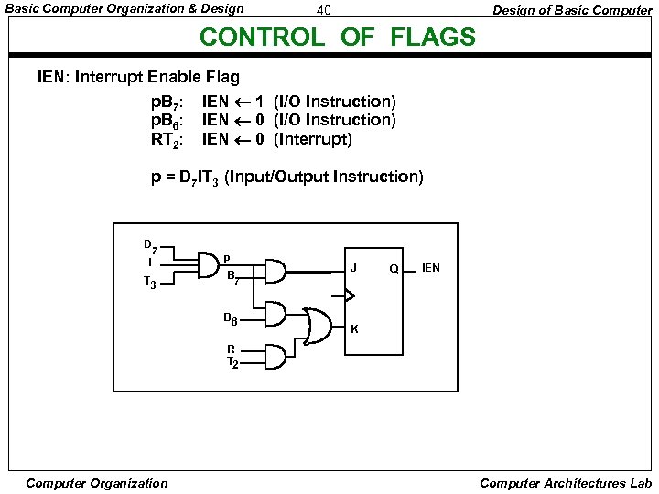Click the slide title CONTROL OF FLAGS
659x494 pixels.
[x=337, y=38]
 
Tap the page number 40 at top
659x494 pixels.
[x=322, y=11]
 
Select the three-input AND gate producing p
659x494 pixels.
[x=208, y=263]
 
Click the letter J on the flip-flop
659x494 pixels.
[x=354, y=268]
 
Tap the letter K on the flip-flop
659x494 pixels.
[x=354, y=328]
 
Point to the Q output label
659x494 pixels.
[x=393, y=269]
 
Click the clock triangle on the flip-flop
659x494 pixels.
[x=348, y=295]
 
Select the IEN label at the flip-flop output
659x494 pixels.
[x=430, y=268]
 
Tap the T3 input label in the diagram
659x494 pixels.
[x=151, y=284]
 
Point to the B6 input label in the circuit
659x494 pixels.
[x=231, y=318]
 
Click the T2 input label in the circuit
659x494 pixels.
[x=232, y=362]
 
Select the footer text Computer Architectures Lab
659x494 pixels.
[x=565, y=483]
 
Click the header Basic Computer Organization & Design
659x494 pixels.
[x=125, y=9]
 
